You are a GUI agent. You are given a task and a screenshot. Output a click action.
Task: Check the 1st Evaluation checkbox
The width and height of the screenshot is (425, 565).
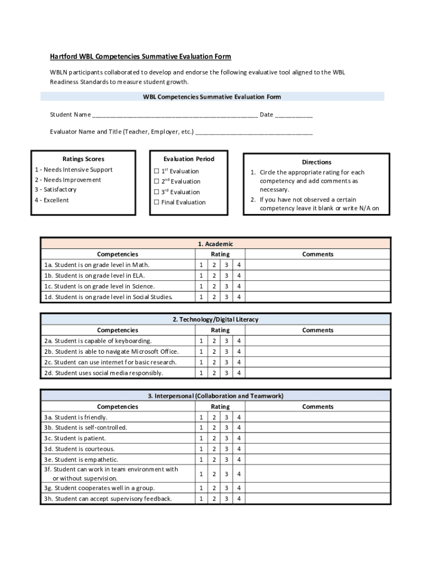tap(157, 171)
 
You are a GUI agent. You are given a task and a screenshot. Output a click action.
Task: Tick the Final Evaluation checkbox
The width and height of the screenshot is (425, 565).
tap(157, 202)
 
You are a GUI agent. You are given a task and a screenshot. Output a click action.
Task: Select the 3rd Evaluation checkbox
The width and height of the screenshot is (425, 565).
tap(157, 191)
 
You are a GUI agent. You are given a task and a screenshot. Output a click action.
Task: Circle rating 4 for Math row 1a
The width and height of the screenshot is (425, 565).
tap(239, 265)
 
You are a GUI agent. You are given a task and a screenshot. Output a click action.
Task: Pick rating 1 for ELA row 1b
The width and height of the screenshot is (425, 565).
tap(201, 275)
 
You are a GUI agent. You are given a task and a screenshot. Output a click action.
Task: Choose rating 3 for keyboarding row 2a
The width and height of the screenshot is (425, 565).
tap(226, 341)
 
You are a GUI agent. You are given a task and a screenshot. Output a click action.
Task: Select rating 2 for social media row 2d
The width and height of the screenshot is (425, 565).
tap(214, 373)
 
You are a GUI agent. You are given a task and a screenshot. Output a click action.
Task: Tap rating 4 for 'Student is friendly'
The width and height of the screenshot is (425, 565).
tap(239, 417)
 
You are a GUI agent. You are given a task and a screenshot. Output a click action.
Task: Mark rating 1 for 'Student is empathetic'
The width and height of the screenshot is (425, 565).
tap(201, 460)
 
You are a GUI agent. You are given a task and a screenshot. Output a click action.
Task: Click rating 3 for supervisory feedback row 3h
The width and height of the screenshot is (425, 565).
tap(226, 499)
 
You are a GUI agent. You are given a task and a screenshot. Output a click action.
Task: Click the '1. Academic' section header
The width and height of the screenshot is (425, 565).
tap(215, 244)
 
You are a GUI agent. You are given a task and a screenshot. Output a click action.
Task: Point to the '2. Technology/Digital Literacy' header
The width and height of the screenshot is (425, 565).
tap(215, 319)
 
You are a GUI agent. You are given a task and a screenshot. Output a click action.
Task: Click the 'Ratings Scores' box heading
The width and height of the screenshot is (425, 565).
tap(83, 159)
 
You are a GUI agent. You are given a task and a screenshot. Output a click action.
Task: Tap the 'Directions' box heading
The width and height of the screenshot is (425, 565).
tap(316, 162)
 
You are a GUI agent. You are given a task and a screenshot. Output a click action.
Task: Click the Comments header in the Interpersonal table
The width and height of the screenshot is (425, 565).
tap(318, 407)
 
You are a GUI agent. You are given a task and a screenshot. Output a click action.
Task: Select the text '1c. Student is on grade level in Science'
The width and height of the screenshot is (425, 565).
tap(99, 286)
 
